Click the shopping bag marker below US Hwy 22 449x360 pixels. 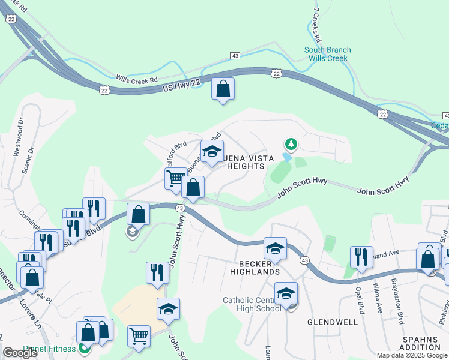(x=223, y=89)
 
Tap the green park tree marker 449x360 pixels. (x=291, y=144)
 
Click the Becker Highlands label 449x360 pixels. (x=255, y=266)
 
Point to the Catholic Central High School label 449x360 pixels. (x=252, y=304)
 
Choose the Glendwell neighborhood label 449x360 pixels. (x=333, y=322)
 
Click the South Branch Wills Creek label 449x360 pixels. (x=328, y=54)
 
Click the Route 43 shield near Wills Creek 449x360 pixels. (x=235, y=56)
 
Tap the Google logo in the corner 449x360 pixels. (x=20, y=353)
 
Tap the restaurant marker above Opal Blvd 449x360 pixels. (x=361, y=257)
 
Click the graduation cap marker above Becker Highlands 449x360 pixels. (x=275, y=248)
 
